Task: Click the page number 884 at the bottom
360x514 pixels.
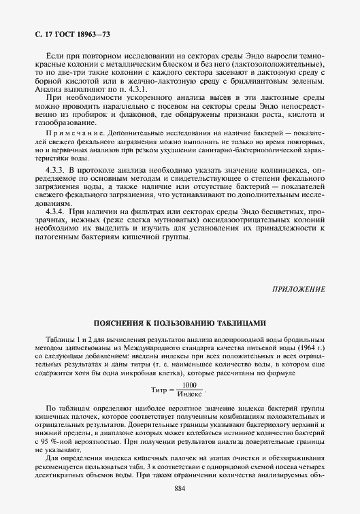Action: (x=180, y=489)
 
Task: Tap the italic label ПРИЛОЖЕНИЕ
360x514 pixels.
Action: (x=299, y=289)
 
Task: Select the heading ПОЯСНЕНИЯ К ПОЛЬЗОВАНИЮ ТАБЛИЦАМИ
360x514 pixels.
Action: (x=180, y=323)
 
